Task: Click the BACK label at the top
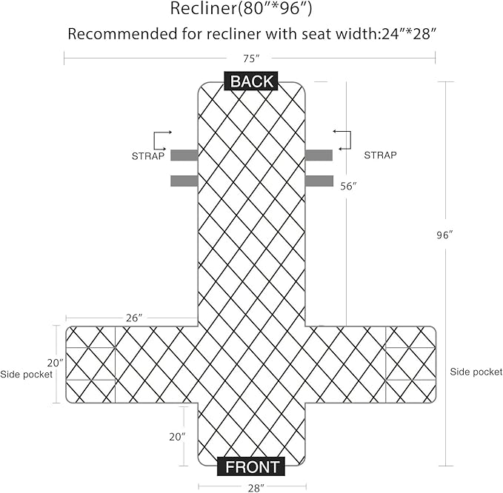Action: click(x=251, y=81)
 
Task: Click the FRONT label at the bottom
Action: click(x=251, y=466)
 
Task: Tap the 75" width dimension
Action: click(x=251, y=58)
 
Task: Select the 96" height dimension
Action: click(x=444, y=235)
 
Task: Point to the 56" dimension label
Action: click(x=348, y=187)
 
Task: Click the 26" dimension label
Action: click(x=134, y=318)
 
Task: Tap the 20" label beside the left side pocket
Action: click(x=56, y=363)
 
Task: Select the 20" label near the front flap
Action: click(x=177, y=437)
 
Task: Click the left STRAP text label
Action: click(x=148, y=156)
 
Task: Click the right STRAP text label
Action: click(x=380, y=155)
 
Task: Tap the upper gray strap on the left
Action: click(x=184, y=155)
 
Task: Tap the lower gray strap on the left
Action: click(x=184, y=181)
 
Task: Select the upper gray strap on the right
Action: click(x=319, y=155)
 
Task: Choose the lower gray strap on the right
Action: click(x=319, y=181)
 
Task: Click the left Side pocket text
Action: click(x=27, y=375)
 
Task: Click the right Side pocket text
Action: click(x=476, y=372)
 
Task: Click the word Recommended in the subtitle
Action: click(x=122, y=34)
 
